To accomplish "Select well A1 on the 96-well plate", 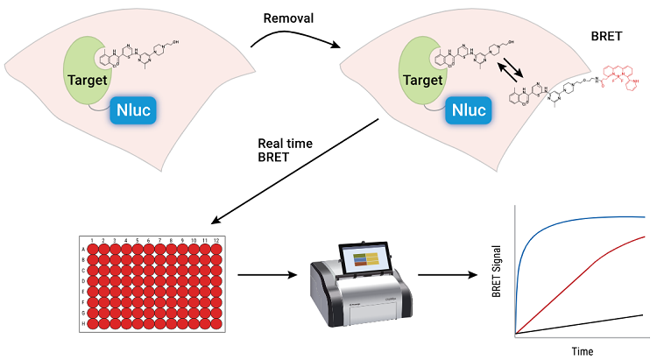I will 92,250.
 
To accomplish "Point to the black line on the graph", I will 596,319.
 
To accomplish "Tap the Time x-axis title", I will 580,349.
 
